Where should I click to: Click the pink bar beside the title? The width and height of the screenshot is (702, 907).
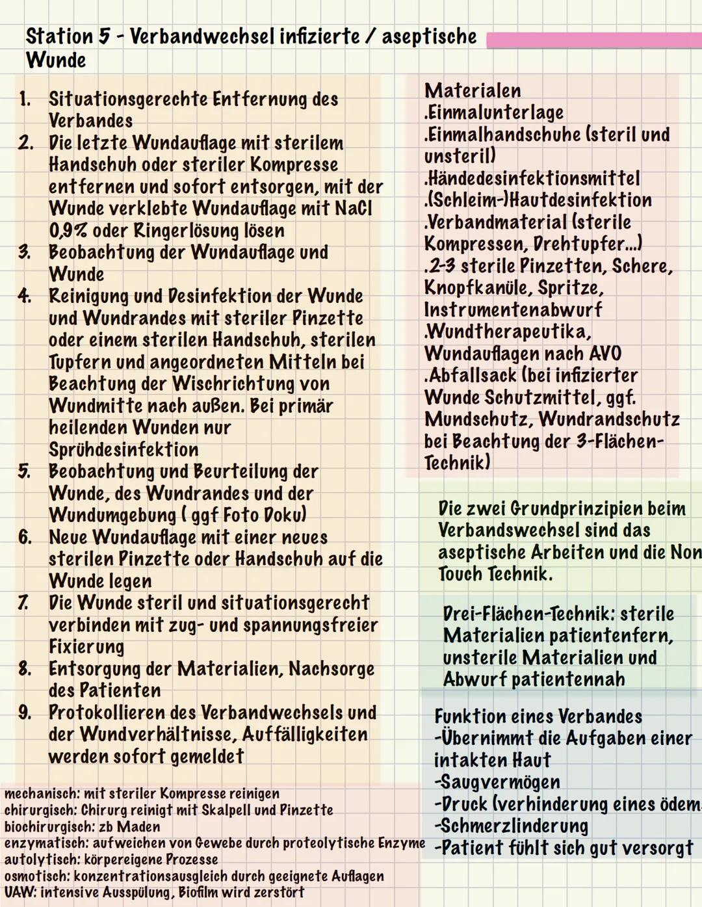(x=593, y=40)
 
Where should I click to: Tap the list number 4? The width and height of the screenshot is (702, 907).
(x=25, y=296)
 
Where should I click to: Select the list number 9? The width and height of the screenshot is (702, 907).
(x=25, y=713)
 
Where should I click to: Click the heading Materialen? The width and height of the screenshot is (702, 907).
(x=473, y=91)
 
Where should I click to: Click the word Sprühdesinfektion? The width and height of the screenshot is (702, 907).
(x=123, y=450)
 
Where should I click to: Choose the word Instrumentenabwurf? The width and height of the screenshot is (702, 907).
(x=513, y=310)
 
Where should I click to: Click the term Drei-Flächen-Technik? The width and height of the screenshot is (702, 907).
(x=528, y=614)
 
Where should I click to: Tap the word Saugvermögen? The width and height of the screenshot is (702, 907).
(x=498, y=783)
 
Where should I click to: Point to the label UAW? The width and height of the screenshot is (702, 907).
(x=19, y=893)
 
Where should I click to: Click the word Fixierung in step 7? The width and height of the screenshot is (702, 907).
(x=86, y=647)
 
